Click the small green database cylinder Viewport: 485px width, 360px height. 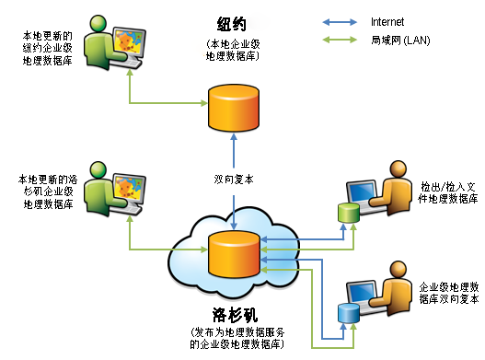(347, 214)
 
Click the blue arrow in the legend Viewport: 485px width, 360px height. (341, 19)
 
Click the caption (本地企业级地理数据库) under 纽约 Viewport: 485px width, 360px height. (231, 50)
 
